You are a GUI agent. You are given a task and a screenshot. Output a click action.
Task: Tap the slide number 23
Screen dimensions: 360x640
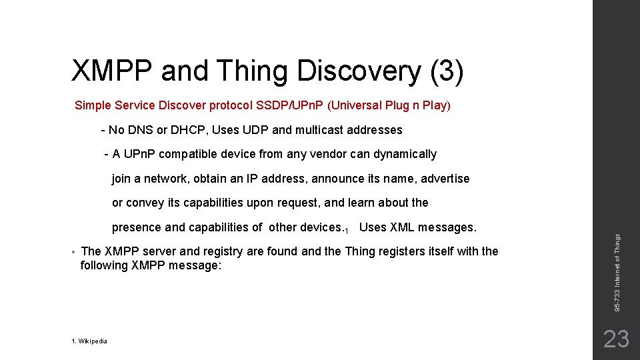tap(615, 339)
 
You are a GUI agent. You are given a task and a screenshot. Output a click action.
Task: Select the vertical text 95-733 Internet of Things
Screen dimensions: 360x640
tap(617, 272)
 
